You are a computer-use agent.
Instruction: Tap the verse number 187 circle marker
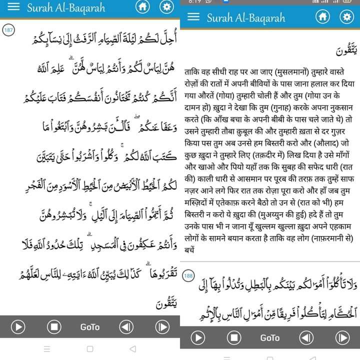click(x=8, y=30)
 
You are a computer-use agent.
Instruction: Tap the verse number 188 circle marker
click(x=188, y=275)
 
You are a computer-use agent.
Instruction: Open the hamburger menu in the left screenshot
click(x=14, y=7)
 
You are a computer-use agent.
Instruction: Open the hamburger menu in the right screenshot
click(x=193, y=17)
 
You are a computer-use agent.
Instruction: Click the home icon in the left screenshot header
click(x=143, y=7)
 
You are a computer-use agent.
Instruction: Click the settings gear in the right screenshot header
click(x=346, y=17)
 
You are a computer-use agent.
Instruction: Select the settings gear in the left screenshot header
click(x=166, y=7)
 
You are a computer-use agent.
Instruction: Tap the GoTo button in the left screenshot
click(x=90, y=327)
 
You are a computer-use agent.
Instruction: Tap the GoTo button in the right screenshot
click(x=270, y=338)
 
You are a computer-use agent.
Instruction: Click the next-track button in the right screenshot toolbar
click(x=342, y=338)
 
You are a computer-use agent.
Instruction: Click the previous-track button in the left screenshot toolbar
click(x=126, y=327)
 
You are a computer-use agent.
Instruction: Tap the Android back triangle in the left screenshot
click(x=132, y=348)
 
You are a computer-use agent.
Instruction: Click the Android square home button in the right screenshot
click(x=270, y=356)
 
